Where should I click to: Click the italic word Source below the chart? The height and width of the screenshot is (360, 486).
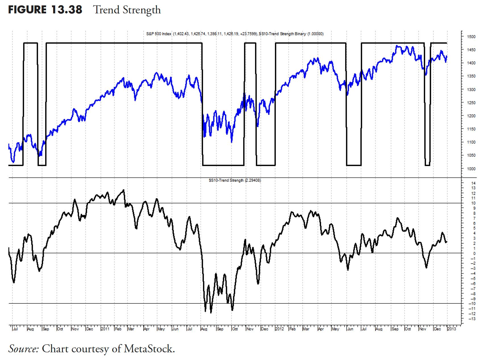click(x=23, y=348)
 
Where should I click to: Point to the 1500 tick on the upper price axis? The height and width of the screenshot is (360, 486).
click(x=471, y=37)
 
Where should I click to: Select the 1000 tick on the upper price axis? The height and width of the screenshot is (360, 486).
click(x=471, y=169)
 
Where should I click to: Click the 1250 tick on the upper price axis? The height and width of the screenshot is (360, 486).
click(x=471, y=103)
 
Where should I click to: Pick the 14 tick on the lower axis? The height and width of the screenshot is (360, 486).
click(x=473, y=183)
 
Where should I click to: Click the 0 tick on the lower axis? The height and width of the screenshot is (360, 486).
click(x=474, y=253)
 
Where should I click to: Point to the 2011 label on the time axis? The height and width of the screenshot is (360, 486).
click(x=105, y=329)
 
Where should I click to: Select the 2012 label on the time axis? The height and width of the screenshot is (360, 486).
click(x=280, y=329)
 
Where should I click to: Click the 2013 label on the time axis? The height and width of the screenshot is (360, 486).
click(x=452, y=329)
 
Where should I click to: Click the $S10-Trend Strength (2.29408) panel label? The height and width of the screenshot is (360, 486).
click(x=235, y=180)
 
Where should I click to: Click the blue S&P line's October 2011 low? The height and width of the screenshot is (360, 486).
click(x=232, y=142)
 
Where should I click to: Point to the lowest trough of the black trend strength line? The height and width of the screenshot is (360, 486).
click(x=211, y=313)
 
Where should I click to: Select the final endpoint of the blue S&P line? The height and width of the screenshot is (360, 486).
click(x=447, y=56)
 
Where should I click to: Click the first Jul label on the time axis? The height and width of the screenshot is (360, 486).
click(x=15, y=329)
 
